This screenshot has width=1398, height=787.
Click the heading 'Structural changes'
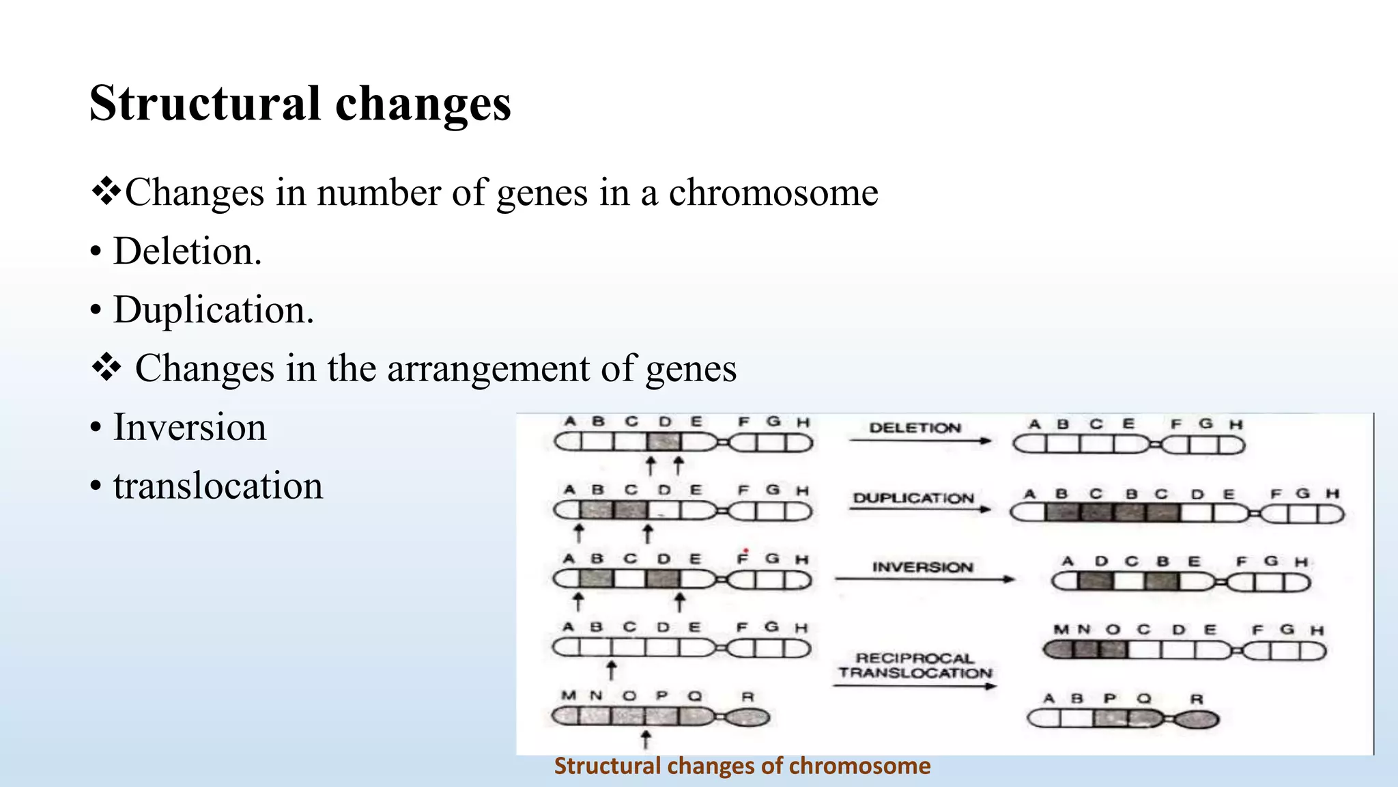[300, 104]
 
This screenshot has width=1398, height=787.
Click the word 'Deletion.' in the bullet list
[187, 251]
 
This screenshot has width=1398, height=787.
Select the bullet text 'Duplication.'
[213, 309]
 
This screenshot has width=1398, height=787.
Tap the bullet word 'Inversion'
[189, 427]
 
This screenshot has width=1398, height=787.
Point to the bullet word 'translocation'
[218, 486]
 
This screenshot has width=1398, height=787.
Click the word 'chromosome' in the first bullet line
[773, 192]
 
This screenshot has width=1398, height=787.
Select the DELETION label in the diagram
[915, 428]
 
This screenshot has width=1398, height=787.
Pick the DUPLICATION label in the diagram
[913, 497]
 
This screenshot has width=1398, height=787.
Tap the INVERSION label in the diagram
[922, 566]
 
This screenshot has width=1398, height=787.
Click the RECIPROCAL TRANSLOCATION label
[915, 665]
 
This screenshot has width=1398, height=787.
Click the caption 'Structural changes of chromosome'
[742, 766]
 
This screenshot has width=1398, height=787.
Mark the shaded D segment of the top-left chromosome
[664, 441]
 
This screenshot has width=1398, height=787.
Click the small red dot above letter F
[746, 550]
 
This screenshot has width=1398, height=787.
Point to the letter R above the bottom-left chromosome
[747, 696]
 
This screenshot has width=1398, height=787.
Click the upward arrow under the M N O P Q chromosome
[646, 738]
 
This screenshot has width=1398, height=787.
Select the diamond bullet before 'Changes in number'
[106, 192]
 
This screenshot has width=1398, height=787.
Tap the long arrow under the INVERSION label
[924, 579]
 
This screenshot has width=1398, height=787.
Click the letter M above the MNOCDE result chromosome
[1061, 629]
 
